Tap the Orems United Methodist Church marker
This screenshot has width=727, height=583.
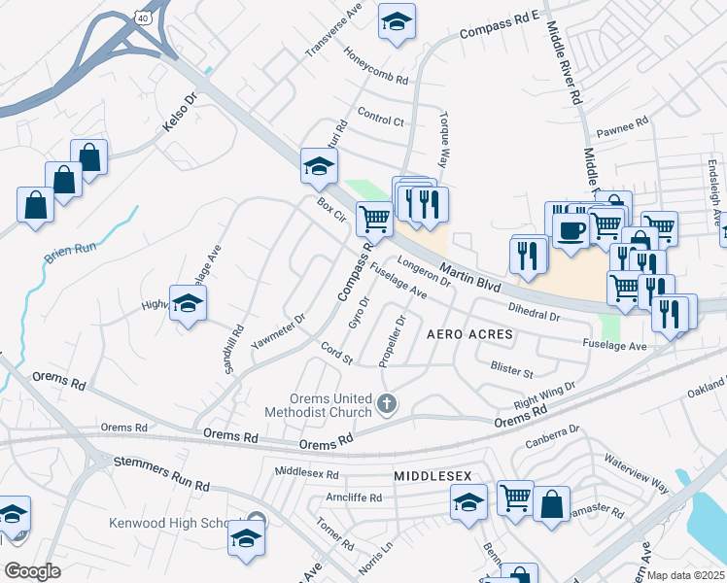click(x=387, y=402)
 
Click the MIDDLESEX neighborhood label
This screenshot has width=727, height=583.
click(x=433, y=476)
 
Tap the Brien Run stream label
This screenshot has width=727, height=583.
click(x=71, y=254)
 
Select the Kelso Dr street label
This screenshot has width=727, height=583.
click(x=179, y=113)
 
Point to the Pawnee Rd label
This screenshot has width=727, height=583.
click(x=622, y=126)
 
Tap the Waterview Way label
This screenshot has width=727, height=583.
click(x=637, y=471)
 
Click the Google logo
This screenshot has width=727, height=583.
click(x=32, y=571)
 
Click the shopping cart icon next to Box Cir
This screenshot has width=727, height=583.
click(x=374, y=218)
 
